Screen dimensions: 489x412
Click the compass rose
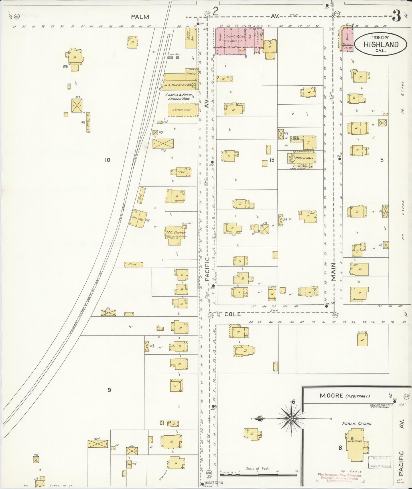click(x=291, y=419)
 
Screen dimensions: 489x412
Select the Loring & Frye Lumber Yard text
click(x=178, y=96)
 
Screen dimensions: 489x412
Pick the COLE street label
click(x=232, y=314)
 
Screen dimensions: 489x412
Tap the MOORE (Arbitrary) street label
click(x=344, y=396)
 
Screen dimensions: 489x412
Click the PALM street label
click(x=140, y=17)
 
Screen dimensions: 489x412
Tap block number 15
click(x=271, y=160)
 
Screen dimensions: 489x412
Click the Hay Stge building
click(x=138, y=219)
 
